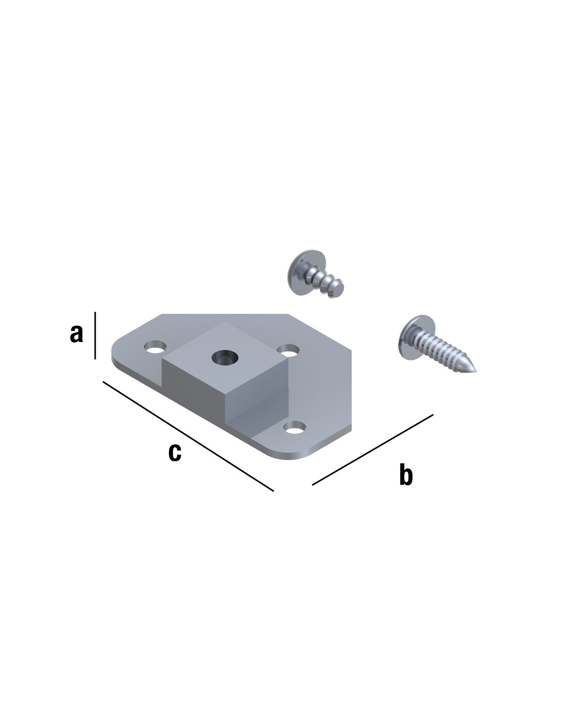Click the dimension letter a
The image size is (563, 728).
pos(76,333)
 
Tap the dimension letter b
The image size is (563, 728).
pos(406,474)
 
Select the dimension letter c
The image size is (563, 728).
pos(175,453)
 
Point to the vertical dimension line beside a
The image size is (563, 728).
pos(95,335)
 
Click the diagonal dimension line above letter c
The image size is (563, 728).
pos(188,436)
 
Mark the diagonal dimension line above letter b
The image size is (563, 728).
pos(373,449)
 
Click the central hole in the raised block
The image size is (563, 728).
pos(225,357)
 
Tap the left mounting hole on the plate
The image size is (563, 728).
pos(156,347)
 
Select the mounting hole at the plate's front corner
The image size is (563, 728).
pos(295,427)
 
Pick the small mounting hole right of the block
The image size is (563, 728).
pos(288,350)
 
